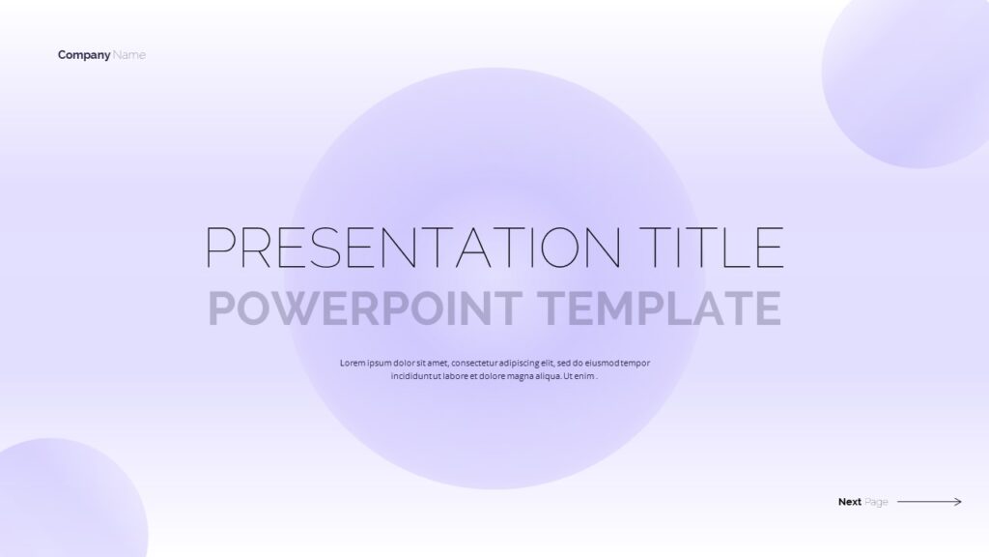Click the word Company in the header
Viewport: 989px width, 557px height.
84,55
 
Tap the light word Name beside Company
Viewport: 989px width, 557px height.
129,55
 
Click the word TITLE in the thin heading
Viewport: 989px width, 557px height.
712,247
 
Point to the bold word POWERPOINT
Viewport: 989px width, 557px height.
364,308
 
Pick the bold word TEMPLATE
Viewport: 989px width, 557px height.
659,308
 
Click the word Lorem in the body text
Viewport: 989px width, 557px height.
353,364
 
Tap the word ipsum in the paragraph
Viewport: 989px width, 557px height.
380,364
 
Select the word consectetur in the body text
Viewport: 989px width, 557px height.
474,364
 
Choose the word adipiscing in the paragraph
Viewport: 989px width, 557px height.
519,364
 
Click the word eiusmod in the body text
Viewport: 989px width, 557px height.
603,364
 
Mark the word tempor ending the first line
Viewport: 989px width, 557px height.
636,364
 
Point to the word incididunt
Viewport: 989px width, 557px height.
411,376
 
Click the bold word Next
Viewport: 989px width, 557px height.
850,502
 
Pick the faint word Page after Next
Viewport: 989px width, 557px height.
876,503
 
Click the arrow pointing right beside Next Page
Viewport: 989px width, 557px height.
930,502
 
